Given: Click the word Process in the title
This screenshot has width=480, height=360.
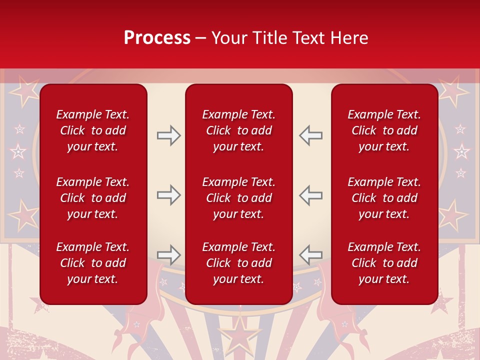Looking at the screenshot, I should point(157,38).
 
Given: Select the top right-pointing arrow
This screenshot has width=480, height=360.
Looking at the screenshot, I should point(169,135).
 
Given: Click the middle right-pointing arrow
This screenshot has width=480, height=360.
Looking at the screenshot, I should point(169,195).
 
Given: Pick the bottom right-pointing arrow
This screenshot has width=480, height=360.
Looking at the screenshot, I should point(169,254).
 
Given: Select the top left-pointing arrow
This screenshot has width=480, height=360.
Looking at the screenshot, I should point(310,135).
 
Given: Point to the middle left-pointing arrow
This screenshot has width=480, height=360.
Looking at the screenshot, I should point(310,195).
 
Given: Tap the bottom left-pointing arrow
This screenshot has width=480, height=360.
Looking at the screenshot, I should point(310,254).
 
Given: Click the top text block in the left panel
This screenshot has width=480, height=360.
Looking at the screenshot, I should point(93,130).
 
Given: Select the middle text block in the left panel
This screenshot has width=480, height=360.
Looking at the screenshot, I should point(93,198).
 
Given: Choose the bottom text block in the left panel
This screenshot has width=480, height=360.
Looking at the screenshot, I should point(93,263).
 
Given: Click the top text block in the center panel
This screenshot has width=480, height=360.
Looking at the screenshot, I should point(238,130).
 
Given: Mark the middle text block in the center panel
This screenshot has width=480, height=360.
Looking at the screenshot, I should point(238,198).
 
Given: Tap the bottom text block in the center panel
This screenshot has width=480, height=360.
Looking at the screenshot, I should point(238,263).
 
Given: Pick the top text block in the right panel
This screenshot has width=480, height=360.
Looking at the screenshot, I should point(384,130).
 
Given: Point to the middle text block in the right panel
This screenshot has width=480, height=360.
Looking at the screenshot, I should point(384,198).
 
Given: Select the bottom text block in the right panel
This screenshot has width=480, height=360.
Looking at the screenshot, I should point(384,263).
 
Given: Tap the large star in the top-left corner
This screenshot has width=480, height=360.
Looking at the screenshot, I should point(24,90).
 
